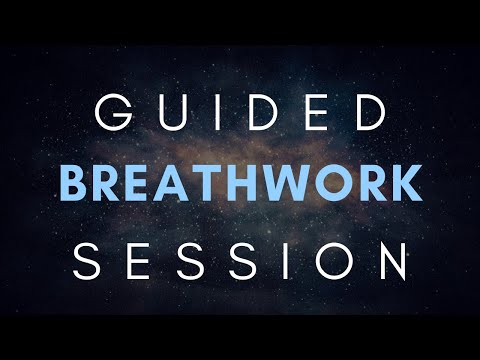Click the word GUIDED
(240, 115)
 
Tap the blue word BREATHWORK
(240, 184)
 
